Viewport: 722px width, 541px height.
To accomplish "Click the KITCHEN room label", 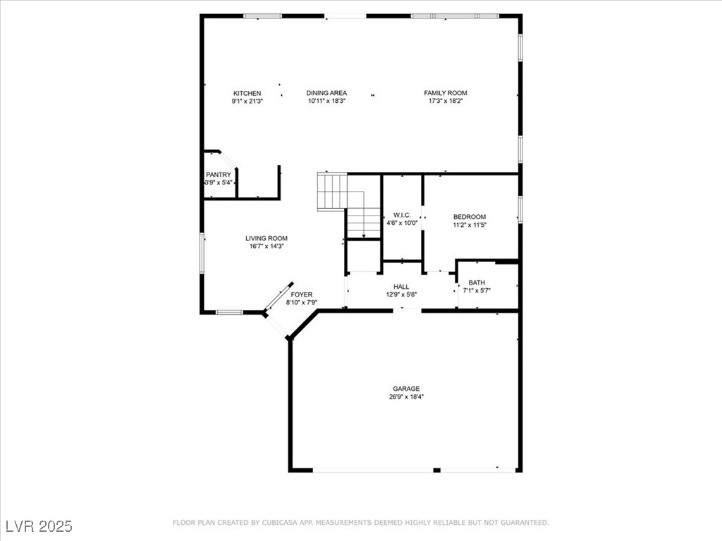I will click(x=247, y=93).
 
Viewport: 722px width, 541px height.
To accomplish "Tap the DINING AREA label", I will click(x=326, y=93).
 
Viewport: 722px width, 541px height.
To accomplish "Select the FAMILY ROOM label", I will click(x=445, y=93).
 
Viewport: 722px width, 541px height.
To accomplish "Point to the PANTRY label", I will click(x=218, y=175).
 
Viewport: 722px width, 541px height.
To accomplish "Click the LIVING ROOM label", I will click(x=266, y=238).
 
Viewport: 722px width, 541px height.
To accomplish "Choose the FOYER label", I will click(x=301, y=294).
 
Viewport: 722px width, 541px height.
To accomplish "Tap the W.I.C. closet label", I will click(x=402, y=215).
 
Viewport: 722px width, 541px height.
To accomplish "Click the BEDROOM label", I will click(x=469, y=217).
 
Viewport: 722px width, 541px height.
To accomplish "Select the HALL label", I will click(x=401, y=287).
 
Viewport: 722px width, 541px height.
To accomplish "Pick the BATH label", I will click(x=477, y=282).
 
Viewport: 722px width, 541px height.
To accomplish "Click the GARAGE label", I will click(x=406, y=388).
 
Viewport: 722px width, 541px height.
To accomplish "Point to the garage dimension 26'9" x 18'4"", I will click(x=406, y=397).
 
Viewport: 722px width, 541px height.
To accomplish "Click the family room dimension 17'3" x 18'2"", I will click(x=445, y=101).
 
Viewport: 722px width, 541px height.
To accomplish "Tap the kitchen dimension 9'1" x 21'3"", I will click(x=247, y=101).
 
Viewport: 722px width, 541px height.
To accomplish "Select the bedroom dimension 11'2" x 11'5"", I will click(x=469, y=225).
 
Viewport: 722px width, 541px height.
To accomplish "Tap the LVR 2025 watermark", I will click(x=39, y=526).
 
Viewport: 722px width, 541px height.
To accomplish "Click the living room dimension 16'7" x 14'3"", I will click(x=266, y=246).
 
